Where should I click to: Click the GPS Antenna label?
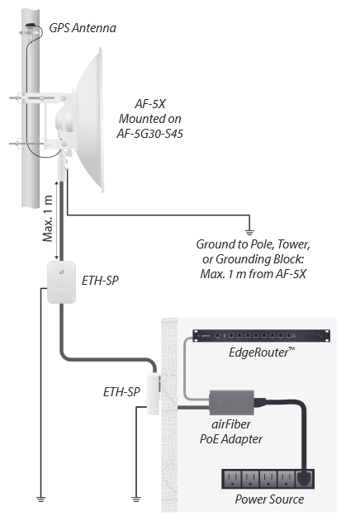[83, 28]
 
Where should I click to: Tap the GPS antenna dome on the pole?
[31, 25]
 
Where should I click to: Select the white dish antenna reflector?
[89, 120]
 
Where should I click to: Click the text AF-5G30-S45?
[149, 134]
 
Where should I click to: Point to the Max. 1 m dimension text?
[48, 218]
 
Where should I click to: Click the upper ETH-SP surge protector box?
[61, 282]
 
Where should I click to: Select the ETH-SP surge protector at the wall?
[154, 393]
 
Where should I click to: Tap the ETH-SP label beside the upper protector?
[100, 281]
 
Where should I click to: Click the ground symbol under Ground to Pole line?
[249, 233]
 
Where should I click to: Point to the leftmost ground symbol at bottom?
[40, 499]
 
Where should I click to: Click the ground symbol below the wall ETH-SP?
[136, 499]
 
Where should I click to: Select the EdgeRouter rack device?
[261, 336]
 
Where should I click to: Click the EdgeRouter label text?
[262, 353]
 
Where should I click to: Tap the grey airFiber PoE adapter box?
[232, 403]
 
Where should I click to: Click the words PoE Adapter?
[231, 439]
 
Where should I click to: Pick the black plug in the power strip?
[304, 478]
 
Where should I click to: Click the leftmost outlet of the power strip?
[233, 479]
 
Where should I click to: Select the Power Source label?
[269, 499]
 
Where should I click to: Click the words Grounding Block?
[260, 259]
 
